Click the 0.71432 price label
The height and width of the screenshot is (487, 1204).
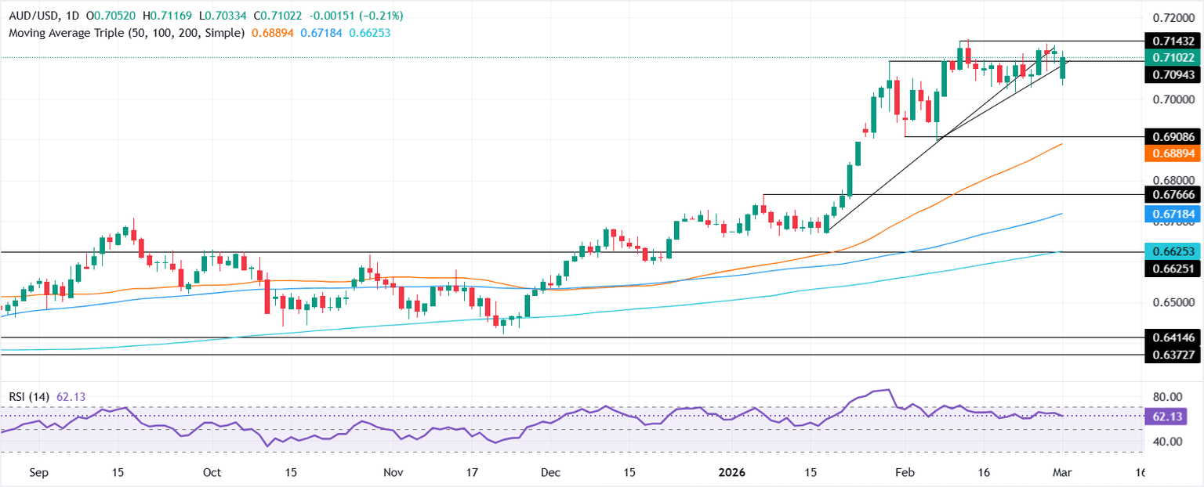1172,41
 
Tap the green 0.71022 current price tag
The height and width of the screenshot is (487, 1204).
1172,58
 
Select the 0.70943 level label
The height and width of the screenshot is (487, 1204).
1172,75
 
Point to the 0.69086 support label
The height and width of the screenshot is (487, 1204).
1172,136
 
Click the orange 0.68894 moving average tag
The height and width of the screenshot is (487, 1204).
1172,154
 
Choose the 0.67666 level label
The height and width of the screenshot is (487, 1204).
1172,194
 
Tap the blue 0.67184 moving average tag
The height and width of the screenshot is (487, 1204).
1172,213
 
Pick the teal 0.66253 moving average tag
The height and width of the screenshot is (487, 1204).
1172,252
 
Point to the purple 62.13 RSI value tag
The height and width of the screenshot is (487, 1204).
1172,417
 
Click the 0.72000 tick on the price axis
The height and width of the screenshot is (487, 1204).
1172,17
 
